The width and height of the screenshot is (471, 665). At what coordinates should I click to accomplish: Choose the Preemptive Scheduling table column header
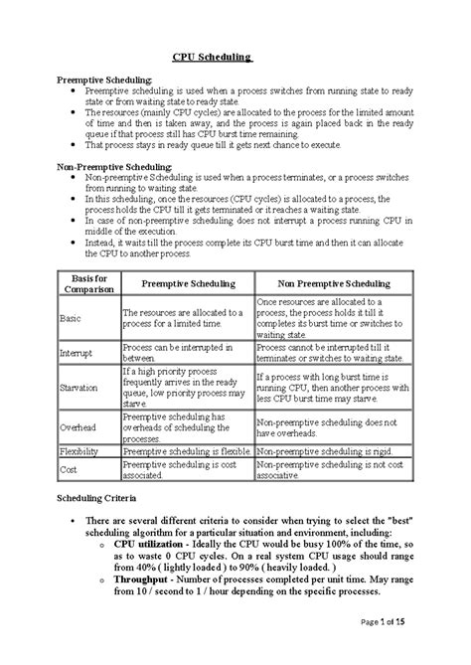point(186,281)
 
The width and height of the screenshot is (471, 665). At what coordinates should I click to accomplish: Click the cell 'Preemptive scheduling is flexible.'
point(186,449)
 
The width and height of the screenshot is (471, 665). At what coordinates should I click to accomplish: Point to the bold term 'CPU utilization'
point(151,545)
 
